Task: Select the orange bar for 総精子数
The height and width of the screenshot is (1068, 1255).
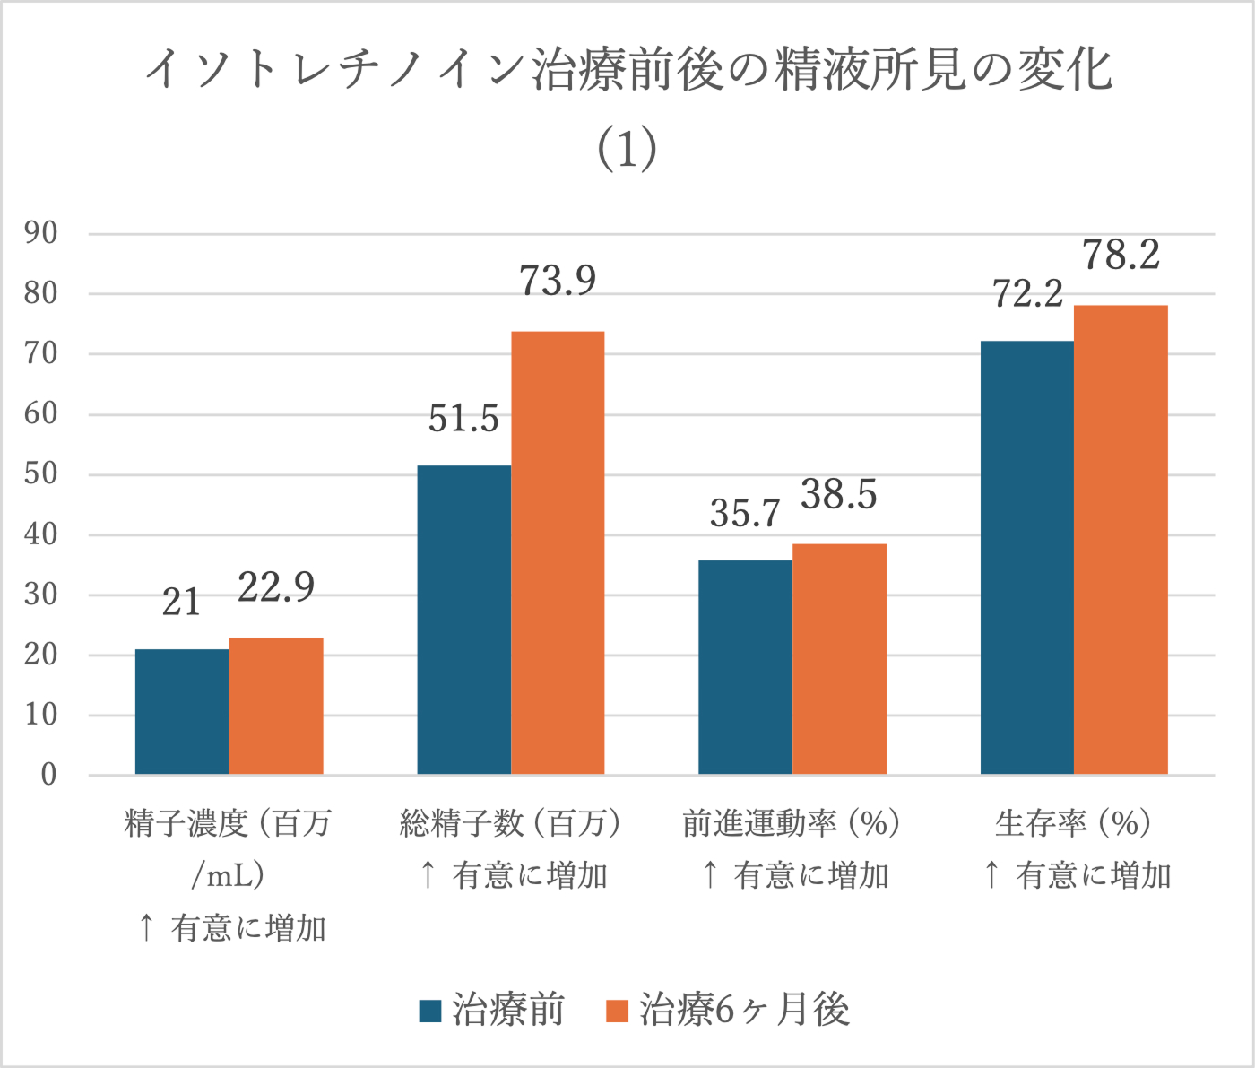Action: (x=558, y=552)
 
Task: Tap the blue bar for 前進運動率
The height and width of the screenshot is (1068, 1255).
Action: (x=745, y=667)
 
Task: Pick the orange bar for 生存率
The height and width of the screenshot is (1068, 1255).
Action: (x=1121, y=540)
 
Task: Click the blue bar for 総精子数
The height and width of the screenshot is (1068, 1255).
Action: (x=463, y=620)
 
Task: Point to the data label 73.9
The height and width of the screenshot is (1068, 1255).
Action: (x=558, y=281)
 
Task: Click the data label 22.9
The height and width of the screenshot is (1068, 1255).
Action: (x=276, y=587)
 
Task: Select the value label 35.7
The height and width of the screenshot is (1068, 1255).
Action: (x=745, y=513)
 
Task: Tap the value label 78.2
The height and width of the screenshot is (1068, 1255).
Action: (x=1121, y=255)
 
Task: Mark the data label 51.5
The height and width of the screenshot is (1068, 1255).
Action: (x=463, y=419)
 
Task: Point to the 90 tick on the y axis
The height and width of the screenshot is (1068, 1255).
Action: (x=41, y=233)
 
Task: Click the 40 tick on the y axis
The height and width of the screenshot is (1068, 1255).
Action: (x=41, y=534)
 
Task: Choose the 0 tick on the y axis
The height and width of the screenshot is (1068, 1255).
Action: (x=49, y=775)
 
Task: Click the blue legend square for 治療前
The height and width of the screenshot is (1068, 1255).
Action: (x=430, y=1011)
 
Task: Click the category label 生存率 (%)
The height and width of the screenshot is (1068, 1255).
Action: (x=1073, y=822)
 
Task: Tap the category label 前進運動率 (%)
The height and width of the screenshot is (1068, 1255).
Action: (x=791, y=822)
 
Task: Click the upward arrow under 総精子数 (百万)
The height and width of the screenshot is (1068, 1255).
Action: (x=428, y=874)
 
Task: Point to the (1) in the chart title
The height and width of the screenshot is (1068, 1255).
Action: (x=627, y=150)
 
